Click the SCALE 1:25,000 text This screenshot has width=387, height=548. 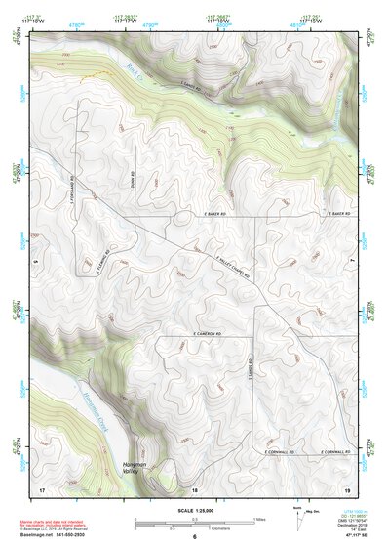pyautogui.click(x=193, y=510)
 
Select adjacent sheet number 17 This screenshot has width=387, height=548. pyautogui.click(x=41, y=487)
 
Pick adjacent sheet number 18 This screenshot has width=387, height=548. pyautogui.click(x=194, y=487)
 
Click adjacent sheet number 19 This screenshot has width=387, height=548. pyautogui.click(x=346, y=487)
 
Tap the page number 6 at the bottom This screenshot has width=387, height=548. pyautogui.click(x=194, y=537)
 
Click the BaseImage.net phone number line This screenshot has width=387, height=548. pyautogui.click(x=58, y=536)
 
